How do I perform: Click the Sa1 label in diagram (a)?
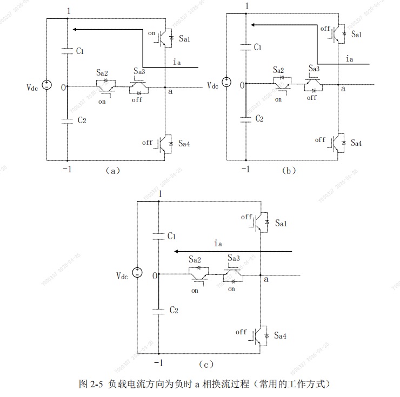(185, 38)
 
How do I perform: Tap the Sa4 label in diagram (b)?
(357, 143)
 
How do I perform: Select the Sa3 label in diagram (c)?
(234, 259)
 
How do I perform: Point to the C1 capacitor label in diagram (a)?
(80, 51)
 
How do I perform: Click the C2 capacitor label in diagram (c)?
(174, 311)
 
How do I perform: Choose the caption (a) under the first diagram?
(111, 170)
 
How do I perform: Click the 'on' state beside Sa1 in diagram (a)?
(151, 33)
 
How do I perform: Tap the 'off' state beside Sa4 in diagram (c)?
(241, 332)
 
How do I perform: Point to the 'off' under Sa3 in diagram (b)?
(312, 98)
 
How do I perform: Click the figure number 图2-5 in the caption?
(91, 384)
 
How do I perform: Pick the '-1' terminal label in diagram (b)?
(245, 170)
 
